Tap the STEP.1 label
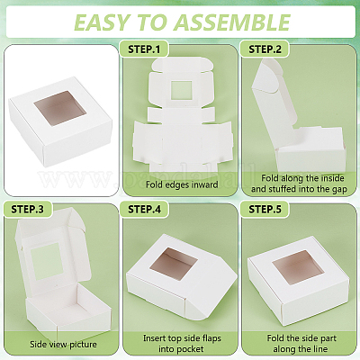coord(144,49)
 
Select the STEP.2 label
coord(265,49)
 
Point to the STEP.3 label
coord(27,209)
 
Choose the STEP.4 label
coord(144,209)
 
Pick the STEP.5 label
coord(265,209)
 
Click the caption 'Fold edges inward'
coord(182,184)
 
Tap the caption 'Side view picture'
coord(63,344)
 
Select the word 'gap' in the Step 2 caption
coord(339,190)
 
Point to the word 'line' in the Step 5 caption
coord(320,349)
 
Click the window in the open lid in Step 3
coord(48,260)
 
